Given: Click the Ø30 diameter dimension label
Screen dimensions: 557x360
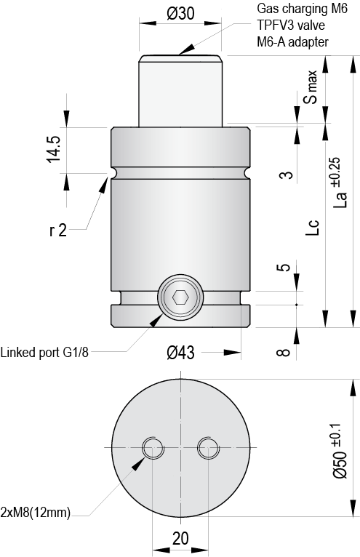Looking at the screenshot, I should click(180, 12).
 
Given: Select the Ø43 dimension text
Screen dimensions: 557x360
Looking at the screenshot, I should click(180, 353).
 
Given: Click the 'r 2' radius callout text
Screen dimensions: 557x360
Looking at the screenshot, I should click(58, 231).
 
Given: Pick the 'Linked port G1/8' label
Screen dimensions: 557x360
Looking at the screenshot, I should click(46, 353).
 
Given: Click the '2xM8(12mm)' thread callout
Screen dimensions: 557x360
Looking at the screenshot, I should click(36, 513).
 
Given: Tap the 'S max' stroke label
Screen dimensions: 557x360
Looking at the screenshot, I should click(311, 88).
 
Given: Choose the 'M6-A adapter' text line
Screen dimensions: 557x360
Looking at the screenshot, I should click(292, 41).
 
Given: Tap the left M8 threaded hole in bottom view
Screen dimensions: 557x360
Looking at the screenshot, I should click(153, 447).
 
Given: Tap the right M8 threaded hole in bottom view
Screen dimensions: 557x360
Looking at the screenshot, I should click(207, 447).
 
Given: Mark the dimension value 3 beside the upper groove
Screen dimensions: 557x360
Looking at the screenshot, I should click(287, 175).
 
